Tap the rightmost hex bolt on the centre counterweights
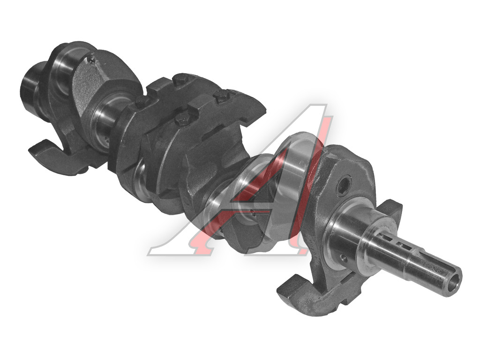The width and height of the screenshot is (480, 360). coord(222,97)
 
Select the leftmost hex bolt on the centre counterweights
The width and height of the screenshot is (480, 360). coord(142,102)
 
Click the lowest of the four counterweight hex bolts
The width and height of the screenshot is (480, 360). coord(183,119)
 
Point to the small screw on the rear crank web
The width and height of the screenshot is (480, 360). coord(90,60)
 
